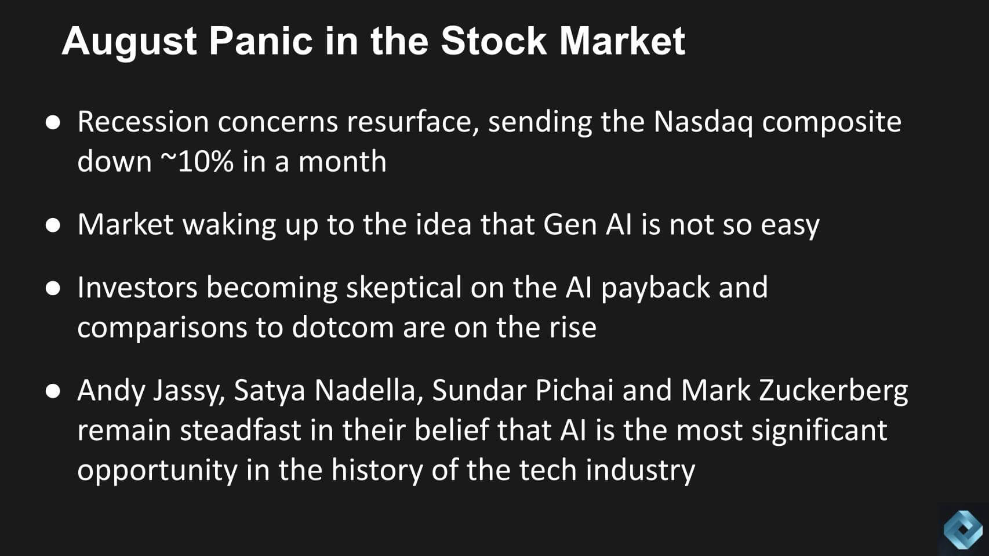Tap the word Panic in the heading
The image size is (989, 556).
(261, 41)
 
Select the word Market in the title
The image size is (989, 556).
(622, 41)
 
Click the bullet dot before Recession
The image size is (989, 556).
(53, 123)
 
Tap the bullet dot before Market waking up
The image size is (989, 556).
(53, 225)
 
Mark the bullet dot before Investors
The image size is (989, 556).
(53, 288)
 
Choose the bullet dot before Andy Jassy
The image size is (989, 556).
(53, 391)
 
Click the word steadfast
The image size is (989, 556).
(240, 430)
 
